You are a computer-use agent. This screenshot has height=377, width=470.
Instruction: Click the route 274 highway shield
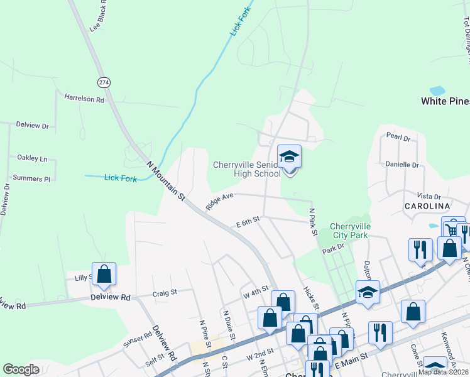104,82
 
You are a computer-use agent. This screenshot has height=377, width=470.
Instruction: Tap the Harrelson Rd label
84,97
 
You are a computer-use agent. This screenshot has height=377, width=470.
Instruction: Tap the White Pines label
445,101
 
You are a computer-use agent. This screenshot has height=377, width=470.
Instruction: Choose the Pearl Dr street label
398,136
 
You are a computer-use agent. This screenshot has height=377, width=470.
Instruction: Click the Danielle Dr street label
402,165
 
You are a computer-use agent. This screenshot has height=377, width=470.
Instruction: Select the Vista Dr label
429,197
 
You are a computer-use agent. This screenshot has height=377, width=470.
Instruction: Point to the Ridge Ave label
219,201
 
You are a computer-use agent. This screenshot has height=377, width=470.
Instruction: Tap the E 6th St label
248,223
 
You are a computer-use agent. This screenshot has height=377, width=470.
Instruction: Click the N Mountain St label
166,182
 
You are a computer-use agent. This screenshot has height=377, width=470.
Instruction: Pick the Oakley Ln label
33,158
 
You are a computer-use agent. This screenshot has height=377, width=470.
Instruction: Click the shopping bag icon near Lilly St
104,275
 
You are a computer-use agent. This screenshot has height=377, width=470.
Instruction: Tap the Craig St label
165,293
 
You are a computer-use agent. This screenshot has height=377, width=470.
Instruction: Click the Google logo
21,369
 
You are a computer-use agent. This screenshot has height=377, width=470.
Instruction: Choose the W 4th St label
256,293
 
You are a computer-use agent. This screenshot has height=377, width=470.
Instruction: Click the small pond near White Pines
437,90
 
